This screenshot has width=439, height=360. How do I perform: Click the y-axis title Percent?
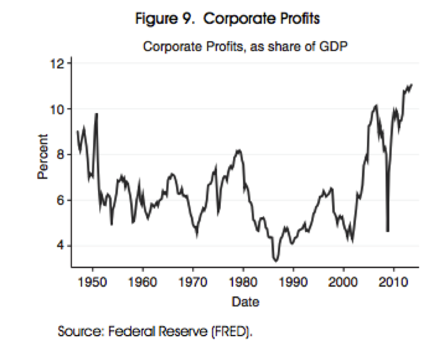(x=43, y=159)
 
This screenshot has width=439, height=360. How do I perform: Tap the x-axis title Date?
(x=245, y=302)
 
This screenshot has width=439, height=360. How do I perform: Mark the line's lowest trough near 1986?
(x=275, y=261)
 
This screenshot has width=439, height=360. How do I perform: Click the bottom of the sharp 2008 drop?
(x=387, y=231)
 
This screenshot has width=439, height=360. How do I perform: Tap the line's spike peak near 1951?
(x=96, y=114)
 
